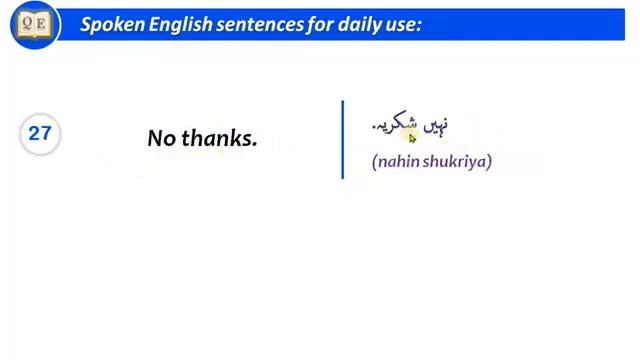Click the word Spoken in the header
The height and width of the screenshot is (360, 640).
tap(112, 23)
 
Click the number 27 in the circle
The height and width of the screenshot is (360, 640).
tap(40, 132)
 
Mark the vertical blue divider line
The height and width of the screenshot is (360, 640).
tap(342, 139)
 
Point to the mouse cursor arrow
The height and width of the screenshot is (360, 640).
tap(412, 139)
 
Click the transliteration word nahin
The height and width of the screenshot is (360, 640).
tap(398, 161)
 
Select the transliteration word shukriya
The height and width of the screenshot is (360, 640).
tap(455, 161)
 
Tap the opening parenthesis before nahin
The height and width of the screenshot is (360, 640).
tap(373, 161)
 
